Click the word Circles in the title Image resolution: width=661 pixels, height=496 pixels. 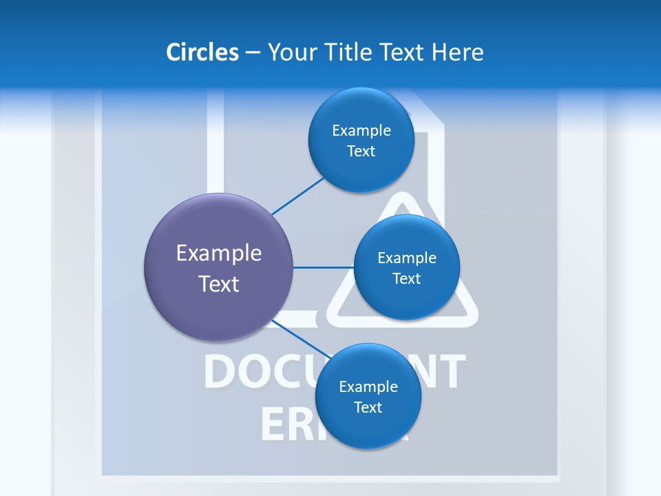click(202, 52)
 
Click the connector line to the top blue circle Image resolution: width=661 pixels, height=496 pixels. click(298, 194)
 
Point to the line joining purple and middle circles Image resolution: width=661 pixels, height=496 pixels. click(323, 267)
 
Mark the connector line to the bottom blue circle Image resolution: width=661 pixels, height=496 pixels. click(297, 338)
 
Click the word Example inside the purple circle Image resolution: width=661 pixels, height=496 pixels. click(219, 253)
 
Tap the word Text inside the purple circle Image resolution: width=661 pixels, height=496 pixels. click(219, 284)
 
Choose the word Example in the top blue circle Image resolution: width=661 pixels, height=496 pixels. click(361, 130)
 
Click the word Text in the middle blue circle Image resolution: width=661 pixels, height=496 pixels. click(406, 278)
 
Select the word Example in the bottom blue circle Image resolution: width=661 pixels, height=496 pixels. click(368, 386)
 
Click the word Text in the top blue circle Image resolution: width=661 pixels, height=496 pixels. click(361, 152)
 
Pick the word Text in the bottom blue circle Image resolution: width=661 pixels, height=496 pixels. click(368, 407)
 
